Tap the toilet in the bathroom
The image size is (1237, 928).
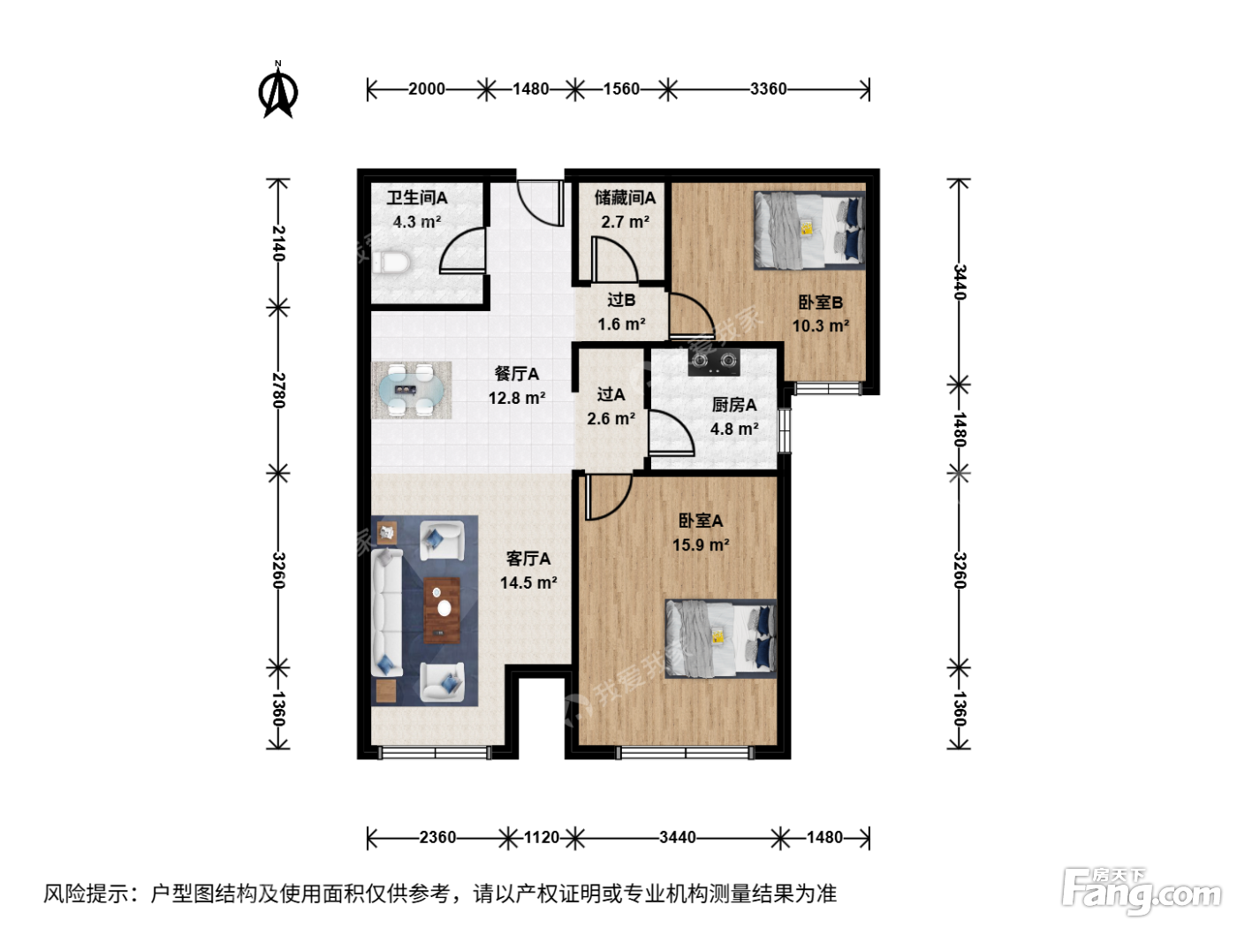[391, 262]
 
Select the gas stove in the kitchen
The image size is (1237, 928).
[714, 361]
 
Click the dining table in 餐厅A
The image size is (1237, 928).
[411, 390]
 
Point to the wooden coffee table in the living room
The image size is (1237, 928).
[442, 610]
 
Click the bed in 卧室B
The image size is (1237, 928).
[809, 230]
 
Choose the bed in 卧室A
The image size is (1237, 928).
[721, 638]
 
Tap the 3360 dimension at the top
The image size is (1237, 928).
[768, 89]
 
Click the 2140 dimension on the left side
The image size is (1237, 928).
[278, 243]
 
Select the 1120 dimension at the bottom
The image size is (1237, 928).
[541, 837]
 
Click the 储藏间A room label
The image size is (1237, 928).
[625, 198]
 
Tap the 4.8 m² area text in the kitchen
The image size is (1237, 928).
[734, 429]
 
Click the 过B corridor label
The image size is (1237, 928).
[621, 300]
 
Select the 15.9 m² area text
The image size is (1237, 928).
[701, 544]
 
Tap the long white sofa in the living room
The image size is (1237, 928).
[387, 613]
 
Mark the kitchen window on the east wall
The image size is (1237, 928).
[784, 430]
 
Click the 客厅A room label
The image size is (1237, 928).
[528, 559]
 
